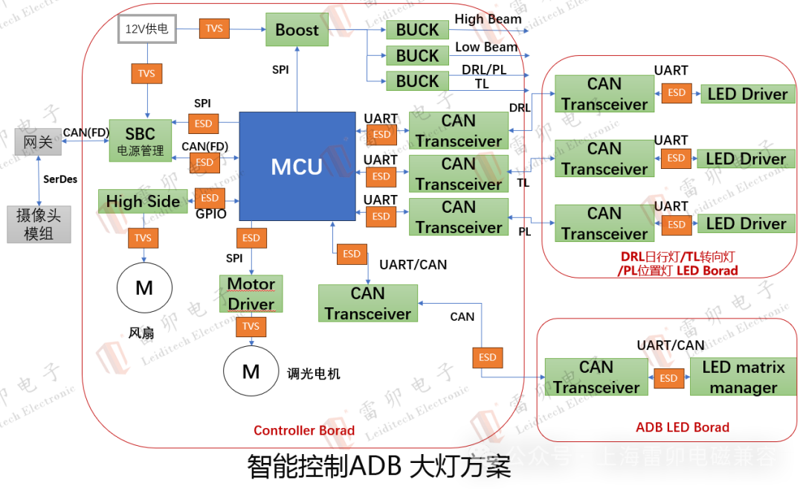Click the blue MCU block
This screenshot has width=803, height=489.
point(297,166)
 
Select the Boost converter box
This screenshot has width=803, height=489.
point(297,30)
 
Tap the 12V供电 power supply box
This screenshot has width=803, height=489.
point(146,29)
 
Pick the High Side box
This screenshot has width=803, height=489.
point(143,201)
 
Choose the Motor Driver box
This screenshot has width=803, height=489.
point(251,294)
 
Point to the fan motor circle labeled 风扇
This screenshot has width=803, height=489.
point(144,287)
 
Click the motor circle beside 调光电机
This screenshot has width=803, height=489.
point(251,371)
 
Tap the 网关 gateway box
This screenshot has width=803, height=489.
point(38,141)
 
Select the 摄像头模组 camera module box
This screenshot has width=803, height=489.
point(39,224)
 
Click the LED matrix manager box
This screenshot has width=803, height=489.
point(743,377)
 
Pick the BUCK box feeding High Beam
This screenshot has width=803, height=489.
point(417,30)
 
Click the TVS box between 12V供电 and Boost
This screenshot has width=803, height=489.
point(214,29)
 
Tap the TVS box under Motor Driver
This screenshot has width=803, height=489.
point(251,327)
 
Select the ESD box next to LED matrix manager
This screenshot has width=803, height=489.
point(668,378)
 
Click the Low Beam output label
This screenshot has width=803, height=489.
point(486,47)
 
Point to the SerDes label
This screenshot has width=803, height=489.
point(60,179)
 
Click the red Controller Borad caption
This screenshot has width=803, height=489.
point(304,430)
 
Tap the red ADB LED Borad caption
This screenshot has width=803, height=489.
point(683,427)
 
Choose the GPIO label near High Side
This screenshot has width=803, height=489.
point(211,214)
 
